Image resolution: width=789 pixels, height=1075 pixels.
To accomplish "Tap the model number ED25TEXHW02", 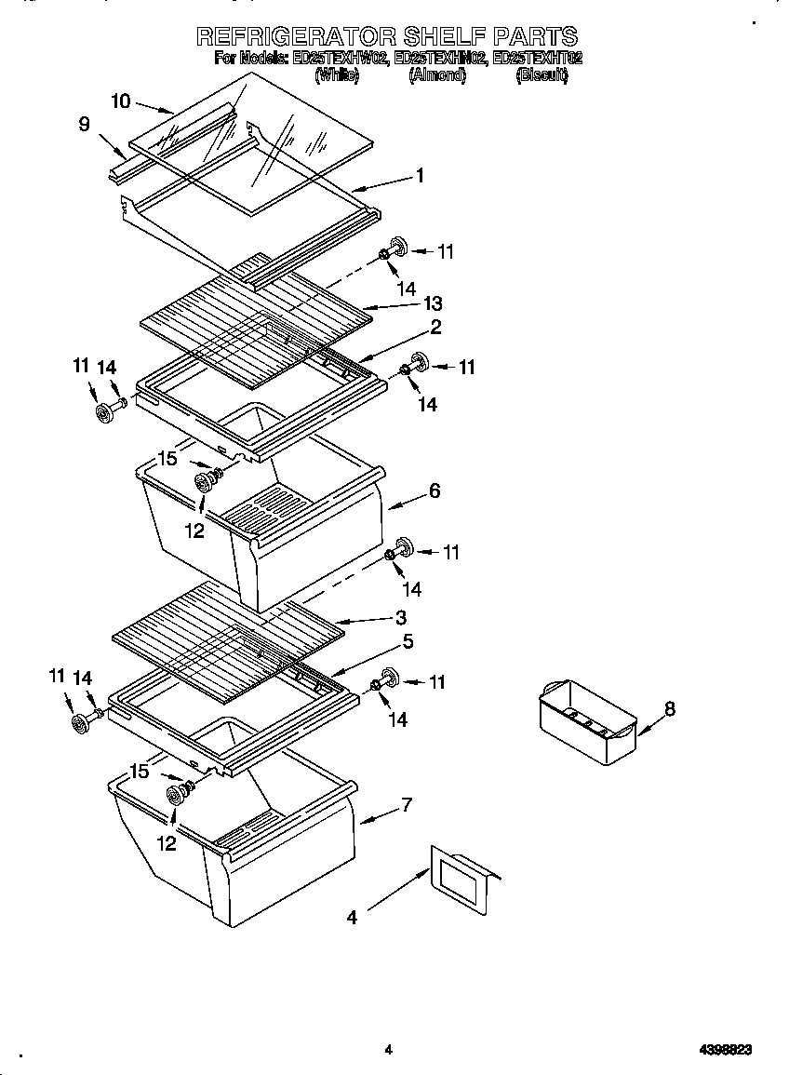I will pos(340,59).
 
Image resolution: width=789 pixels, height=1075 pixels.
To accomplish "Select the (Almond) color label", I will pos(436,75).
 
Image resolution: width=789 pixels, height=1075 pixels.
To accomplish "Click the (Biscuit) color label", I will pos(542,75).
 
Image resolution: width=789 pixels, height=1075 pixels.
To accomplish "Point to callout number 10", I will pos(121,101).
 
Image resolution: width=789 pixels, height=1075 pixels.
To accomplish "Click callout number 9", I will pos(85,124).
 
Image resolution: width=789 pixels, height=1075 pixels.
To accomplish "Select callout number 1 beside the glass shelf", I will pos(420,175).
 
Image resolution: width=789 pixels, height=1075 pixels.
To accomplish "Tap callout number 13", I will pos(432,303).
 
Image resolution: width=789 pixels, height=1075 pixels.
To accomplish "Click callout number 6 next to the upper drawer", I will pos(435,490).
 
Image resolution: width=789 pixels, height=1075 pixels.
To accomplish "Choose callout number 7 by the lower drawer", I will pos(407,805).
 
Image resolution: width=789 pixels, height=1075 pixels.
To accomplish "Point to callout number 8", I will pos(669,709).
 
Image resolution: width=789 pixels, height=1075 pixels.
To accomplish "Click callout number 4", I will pos(352,918).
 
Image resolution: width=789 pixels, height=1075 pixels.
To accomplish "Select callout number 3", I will pos(400,617).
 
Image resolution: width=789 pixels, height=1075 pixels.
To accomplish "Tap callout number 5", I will pos(408,641).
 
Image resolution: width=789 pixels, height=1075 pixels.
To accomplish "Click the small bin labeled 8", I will pos(586,721).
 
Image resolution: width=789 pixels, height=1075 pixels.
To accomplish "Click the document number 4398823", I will pos(726,1050).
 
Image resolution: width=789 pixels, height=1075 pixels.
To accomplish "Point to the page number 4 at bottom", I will pos(388,1050).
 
